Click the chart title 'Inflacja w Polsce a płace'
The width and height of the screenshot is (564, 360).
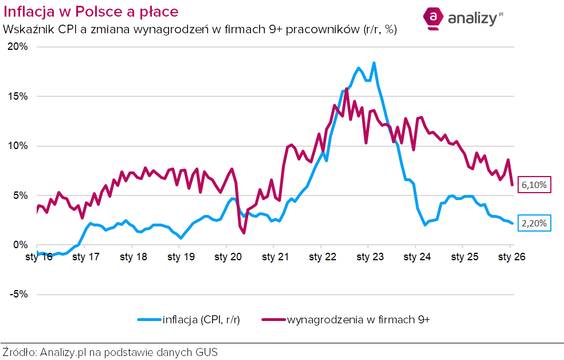pos(91,11)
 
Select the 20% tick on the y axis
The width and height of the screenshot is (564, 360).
pos(17,46)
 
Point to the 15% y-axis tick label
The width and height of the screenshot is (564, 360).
pos(17,96)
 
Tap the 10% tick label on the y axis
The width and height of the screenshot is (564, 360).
pos(17,146)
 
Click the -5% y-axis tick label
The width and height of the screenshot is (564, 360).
pos(17,294)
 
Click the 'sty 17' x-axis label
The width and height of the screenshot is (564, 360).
pos(86,257)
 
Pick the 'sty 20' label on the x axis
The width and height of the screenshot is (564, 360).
pos(228,257)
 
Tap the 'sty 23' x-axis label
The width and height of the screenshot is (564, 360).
pos(370,257)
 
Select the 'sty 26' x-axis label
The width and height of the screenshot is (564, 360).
pos(511,257)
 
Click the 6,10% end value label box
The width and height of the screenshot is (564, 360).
pos(535,185)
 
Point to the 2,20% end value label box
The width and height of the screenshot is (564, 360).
pos(535,223)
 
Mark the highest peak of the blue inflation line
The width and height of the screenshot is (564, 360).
pos(374,63)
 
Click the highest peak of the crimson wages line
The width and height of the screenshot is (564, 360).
pos(347,88)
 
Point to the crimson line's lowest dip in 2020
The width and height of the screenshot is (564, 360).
pos(244,233)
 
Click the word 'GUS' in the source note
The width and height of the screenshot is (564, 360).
pos(206,351)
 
